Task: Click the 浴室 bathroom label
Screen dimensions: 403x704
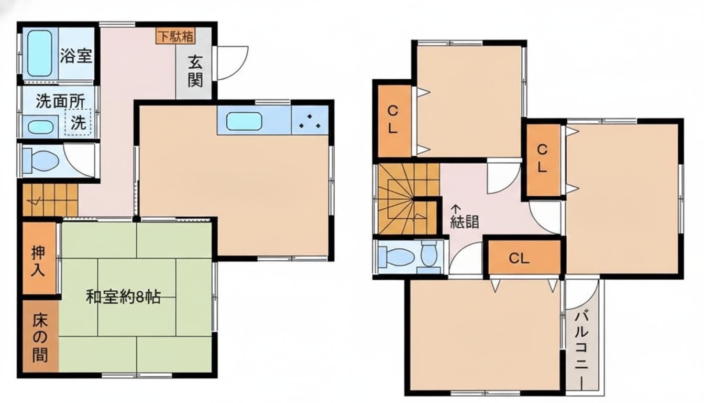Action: [76, 56]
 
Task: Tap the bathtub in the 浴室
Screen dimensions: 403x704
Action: [40, 53]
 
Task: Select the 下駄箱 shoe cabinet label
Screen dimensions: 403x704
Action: [175, 37]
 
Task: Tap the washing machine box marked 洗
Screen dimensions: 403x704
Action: [78, 122]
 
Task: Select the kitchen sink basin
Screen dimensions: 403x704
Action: [244, 121]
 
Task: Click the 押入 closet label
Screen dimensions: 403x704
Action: [39, 260]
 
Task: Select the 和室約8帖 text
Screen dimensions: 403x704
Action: [123, 297]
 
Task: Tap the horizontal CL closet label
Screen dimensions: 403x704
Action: [519, 258]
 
